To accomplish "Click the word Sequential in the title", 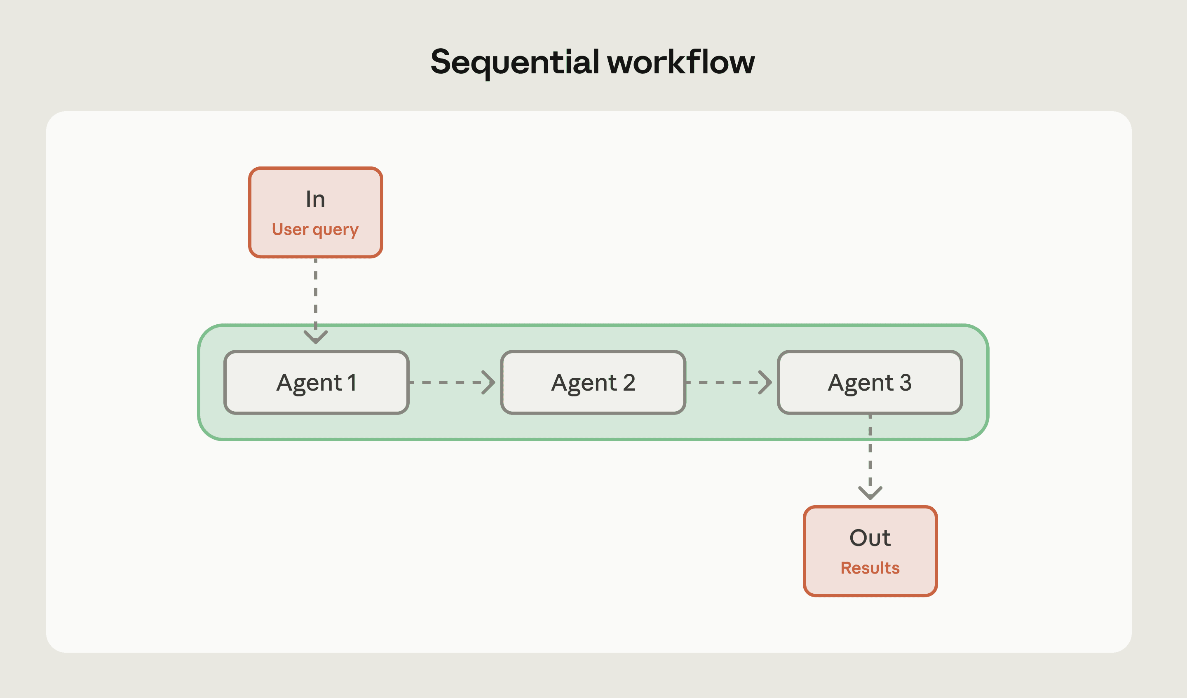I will click(515, 62).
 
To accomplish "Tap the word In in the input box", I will click(315, 199).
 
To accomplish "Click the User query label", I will click(315, 230).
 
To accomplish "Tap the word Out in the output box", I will click(870, 538).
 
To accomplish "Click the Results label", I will click(870, 568).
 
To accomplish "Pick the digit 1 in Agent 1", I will click(352, 382).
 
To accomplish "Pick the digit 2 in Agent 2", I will click(629, 382).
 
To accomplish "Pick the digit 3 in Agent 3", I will click(905, 382).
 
